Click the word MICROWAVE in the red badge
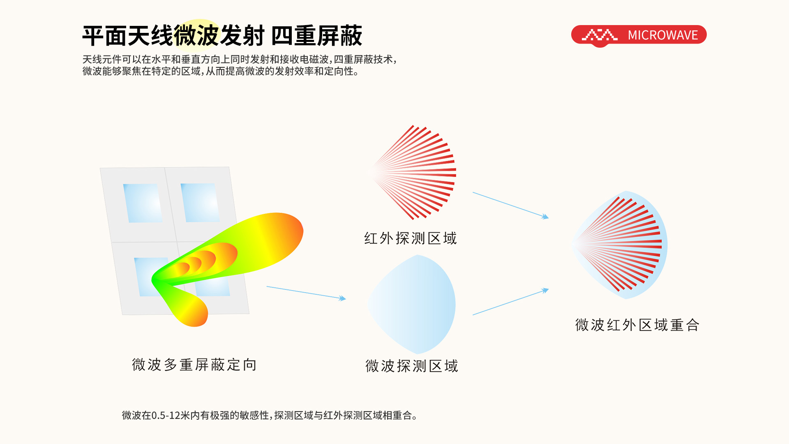(x=662, y=35)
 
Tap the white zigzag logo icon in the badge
(x=600, y=35)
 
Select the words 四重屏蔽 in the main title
(x=316, y=36)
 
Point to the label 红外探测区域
(x=411, y=238)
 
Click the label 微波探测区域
(x=412, y=366)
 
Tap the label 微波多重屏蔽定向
(x=194, y=365)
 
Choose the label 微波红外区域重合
(x=637, y=325)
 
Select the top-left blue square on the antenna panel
(x=143, y=203)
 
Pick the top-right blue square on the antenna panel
(x=200, y=203)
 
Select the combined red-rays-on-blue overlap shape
(x=620, y=245)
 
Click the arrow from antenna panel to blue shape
(x=306, y=293)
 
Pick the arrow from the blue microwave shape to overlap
(x=510, y=302)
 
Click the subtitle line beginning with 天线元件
(x=240, y=60)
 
